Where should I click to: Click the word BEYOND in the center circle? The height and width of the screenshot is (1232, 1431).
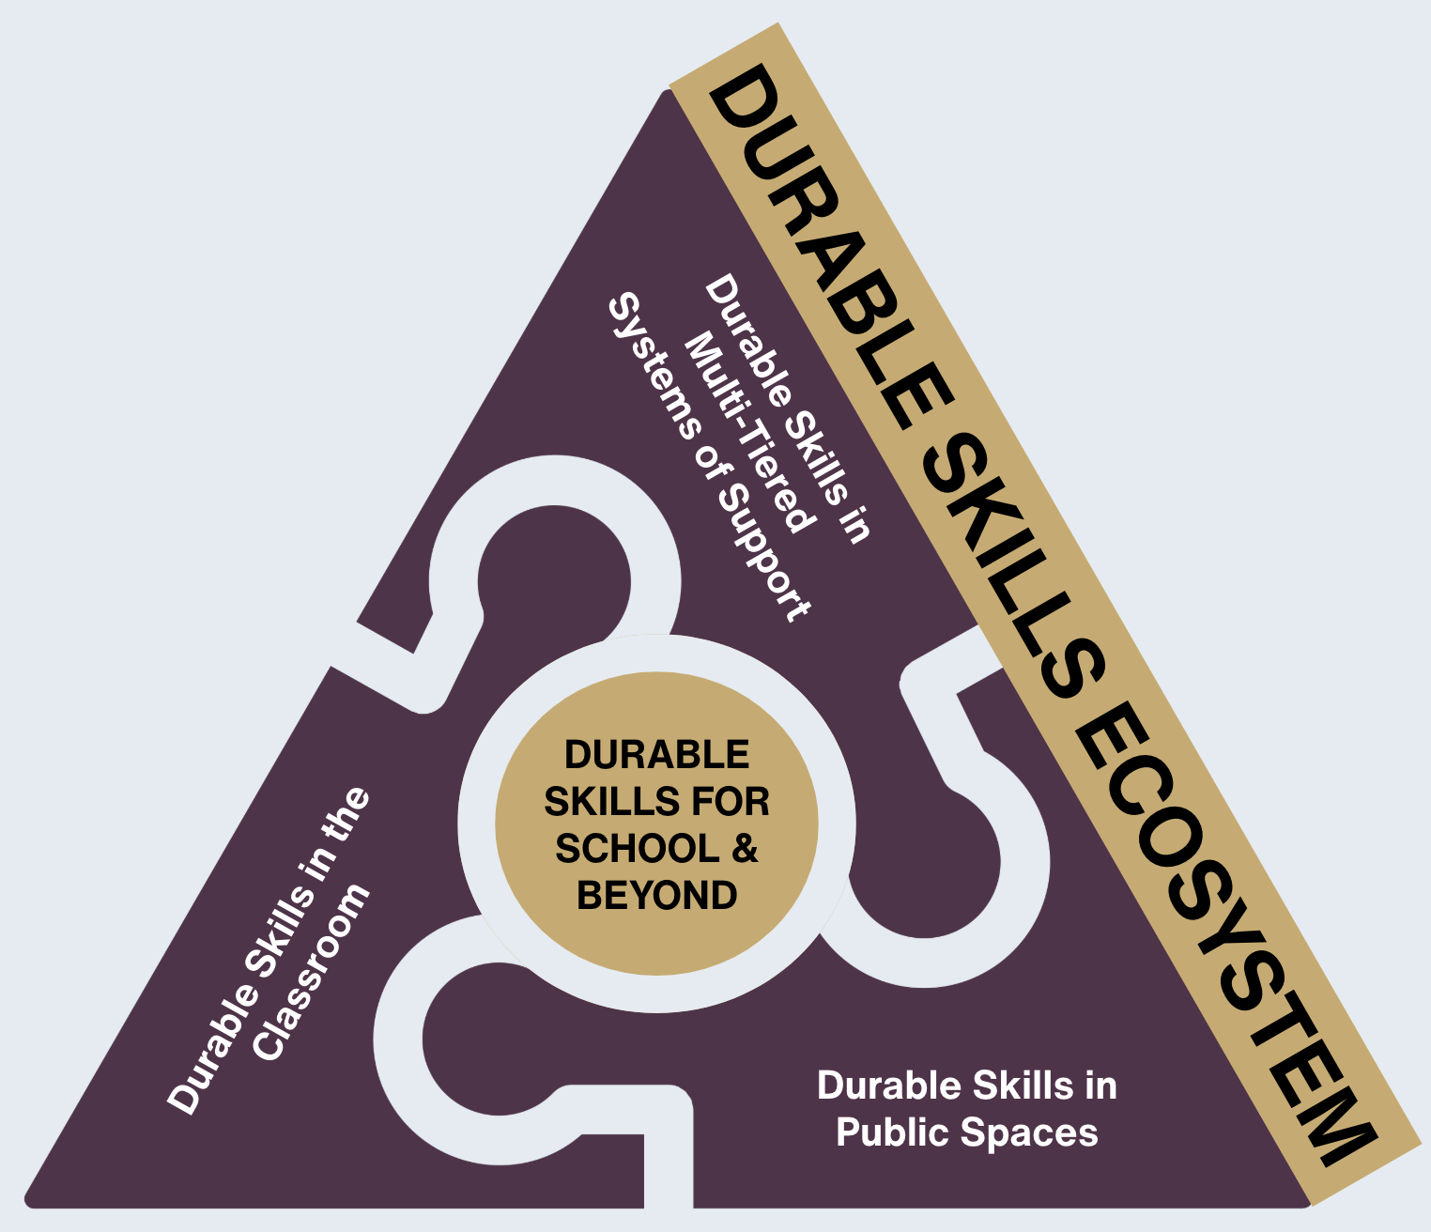657,896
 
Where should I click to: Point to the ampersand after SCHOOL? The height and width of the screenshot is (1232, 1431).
745,848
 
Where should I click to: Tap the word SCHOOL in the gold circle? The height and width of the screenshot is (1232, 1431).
638,848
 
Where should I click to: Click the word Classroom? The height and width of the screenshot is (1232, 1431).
311,972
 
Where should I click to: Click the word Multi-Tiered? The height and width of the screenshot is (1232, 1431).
747,432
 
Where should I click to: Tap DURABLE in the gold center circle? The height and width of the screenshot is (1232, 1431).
657,754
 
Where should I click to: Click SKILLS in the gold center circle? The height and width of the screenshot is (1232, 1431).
613,801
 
